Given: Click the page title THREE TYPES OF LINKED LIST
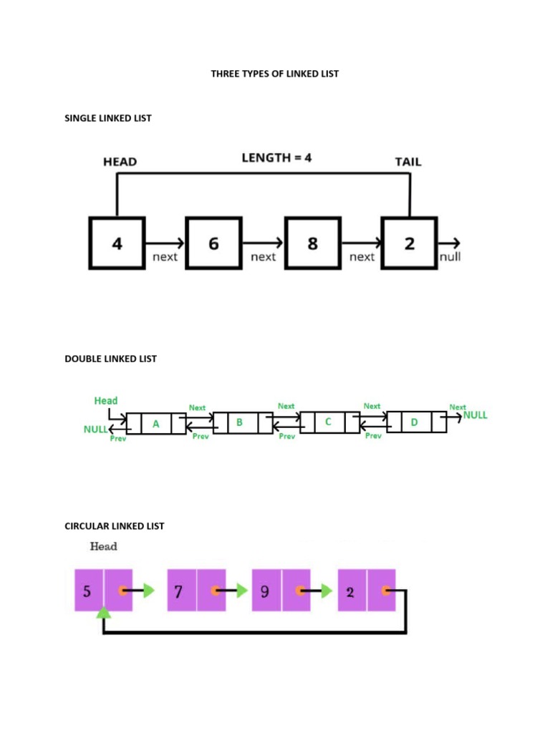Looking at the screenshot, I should pos(274,74).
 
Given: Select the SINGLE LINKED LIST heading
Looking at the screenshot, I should pos(108,118).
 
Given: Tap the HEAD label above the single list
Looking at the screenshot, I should pos(120,162).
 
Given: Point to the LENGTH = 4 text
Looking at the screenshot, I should pos(276,158).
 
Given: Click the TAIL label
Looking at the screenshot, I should pos(408,162).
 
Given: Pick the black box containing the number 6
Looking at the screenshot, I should pos(214,243).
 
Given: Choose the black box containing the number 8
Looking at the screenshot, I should pos(312,243).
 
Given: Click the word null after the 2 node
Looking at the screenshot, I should pos(450,256).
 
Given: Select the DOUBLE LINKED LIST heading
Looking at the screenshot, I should pos(110,359).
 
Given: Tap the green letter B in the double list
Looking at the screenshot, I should pos(240,422).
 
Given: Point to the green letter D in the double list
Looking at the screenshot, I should pos(414,423).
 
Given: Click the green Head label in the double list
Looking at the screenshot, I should pos(106,401).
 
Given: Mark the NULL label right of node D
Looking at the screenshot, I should pos(476,415).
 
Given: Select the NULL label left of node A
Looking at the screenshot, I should pos(95,429).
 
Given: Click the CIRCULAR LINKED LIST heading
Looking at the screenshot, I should pos(115,525).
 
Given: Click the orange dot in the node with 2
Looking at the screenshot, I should pos(385,591).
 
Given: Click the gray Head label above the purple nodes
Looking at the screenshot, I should pos(103,546).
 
